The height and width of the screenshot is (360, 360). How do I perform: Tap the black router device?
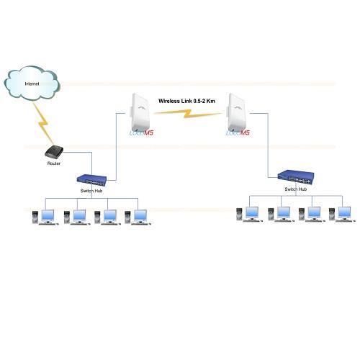[55, 152]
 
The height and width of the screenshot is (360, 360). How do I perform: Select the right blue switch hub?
[297, 177]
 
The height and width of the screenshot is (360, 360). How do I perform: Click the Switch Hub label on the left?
[91, 191]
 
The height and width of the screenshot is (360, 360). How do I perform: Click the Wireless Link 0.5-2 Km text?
[187, 102]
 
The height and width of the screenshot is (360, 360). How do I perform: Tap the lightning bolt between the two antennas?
[189, 114]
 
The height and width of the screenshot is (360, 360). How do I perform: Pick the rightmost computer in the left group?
[136, 217]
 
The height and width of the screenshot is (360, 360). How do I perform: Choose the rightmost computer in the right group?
[341, 215]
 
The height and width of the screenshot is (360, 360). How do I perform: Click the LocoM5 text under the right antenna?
[239, 134]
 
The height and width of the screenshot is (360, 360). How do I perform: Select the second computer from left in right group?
[280, 215]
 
